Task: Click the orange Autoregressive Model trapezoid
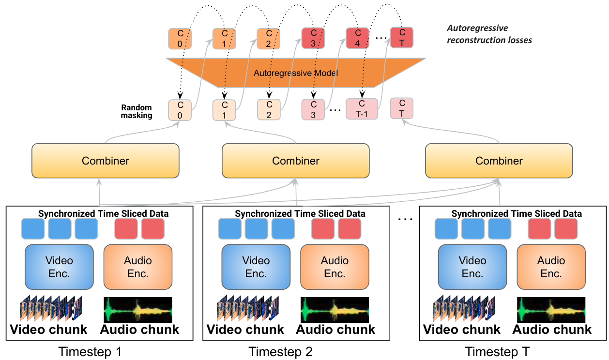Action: (x=295, y=73)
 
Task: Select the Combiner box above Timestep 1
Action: (x=106, y=160)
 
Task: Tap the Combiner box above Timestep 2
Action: (x=295, y=160)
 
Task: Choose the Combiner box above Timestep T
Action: (x=499, y=160)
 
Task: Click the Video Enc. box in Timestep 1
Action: (x=59, y=267)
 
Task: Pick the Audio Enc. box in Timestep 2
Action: (x=335, y=267)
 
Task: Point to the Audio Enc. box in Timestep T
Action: (x=551, y=267)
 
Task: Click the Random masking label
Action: (x=137, y=111)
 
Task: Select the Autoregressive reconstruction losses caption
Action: (x=489, y=34)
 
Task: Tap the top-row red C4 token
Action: (x=358, y=38)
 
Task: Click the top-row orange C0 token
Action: (x=180, y=38)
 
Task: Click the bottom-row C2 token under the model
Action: (x=269, y=109)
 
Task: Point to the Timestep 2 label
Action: (x=281, y=352)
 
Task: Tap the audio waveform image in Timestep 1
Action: (x=138, y=310)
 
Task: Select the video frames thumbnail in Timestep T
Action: (x=464, y=310)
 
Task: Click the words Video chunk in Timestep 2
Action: (x=245, y=330)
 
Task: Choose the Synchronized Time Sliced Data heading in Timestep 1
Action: (x=103, y=213)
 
